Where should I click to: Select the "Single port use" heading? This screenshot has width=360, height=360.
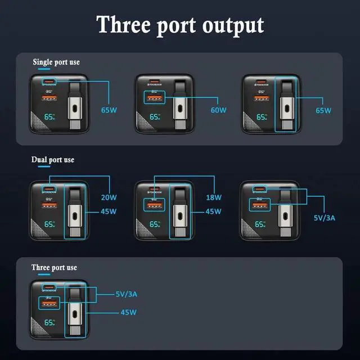click(x=56, y=62)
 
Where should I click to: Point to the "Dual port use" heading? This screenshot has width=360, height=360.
click(x=52, y=160)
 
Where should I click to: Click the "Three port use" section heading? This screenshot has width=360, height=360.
click(x=54, y=267)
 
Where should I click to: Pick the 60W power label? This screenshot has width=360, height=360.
click(x=218, y=110)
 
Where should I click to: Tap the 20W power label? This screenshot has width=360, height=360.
click(x=109, y=197)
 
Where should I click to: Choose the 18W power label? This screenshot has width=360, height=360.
click(x=214, y=197)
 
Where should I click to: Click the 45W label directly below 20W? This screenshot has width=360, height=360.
click(x=109, y=211)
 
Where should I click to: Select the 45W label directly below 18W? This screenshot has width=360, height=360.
click(x=214, y=211)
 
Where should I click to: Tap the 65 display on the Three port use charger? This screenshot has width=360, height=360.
click(x=49, y=322)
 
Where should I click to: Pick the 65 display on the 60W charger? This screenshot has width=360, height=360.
click(x=154, y=118)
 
